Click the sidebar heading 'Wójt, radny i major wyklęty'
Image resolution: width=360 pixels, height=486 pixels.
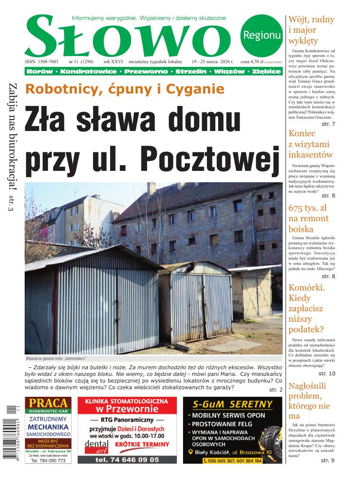[311, 30]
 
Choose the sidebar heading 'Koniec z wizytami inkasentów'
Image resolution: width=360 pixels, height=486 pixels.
[311, 144]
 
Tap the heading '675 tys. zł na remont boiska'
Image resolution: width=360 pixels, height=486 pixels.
[308, 219]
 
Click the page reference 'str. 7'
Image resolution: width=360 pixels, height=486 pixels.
[328, 124]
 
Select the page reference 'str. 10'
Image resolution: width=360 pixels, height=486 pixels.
[326, 374]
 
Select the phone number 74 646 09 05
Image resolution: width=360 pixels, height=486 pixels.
[127, 459]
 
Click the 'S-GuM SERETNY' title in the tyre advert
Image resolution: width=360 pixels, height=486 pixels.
[232, 404]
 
